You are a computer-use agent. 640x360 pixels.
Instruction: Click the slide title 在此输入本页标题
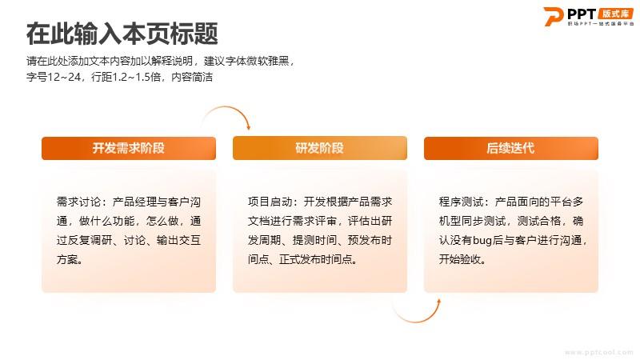(x=122, y=34)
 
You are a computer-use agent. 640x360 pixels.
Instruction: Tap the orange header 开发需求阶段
(x=129, y=148)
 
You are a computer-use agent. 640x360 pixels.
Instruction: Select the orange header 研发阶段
(x=319, y=148)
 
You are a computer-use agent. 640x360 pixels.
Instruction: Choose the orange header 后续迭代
(x=511, y=148)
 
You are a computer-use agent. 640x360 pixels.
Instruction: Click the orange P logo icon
(x=553, y=16)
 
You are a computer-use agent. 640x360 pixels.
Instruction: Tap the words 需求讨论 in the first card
(x=78, y=202)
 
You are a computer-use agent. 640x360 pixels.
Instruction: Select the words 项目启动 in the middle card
(x=270, y=202)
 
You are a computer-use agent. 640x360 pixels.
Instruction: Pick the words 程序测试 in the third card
(x=461, y=202)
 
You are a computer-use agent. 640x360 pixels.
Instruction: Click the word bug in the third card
(x=482, y=241)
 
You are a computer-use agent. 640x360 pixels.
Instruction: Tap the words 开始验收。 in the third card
(x=462, y=259)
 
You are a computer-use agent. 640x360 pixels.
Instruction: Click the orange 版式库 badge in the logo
(x=615, y=14)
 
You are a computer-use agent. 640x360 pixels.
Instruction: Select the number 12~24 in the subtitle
(x=64, y=77)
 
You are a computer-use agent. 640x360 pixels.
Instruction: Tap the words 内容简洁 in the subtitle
(x=192, y=77)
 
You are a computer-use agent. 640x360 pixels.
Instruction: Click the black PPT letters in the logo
(x=582, y=14)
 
